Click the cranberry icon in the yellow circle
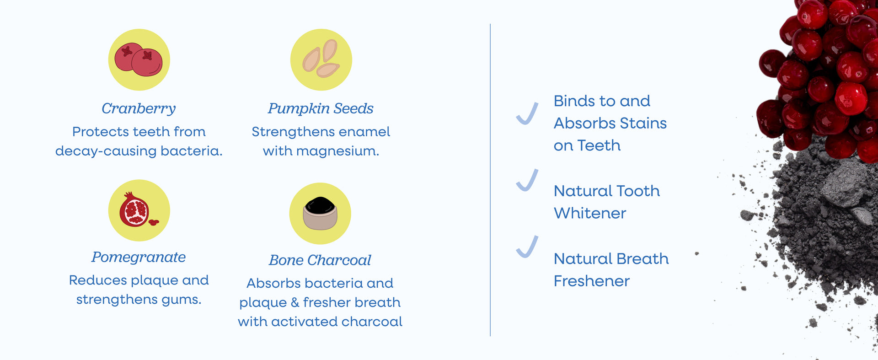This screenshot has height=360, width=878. [x=139, y=59]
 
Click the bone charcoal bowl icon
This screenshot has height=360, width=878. [x=320, y=214]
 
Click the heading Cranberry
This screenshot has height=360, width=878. [x=139, y=108]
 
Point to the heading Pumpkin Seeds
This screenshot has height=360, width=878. [x=321, y=108]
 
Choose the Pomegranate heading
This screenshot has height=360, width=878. [x=139, y=257]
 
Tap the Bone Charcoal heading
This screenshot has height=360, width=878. [x=320, y=260]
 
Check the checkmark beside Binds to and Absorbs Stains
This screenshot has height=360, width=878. [x=527, y=113]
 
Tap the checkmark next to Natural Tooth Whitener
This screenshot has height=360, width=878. [x=527, y=180]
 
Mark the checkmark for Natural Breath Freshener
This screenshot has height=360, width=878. [x=527, y=247]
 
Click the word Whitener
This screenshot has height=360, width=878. [x=590, y=213]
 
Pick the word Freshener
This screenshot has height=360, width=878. [x=592, y=281]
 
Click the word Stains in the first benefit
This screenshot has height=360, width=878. [x=644, y=123]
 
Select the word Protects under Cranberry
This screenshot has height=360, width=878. [x=101, y=132]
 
